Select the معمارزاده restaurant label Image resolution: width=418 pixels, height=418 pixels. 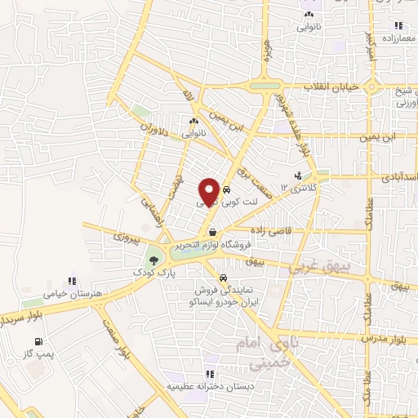coord(398,38)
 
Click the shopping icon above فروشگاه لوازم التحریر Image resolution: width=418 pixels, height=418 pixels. coord(212,231)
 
